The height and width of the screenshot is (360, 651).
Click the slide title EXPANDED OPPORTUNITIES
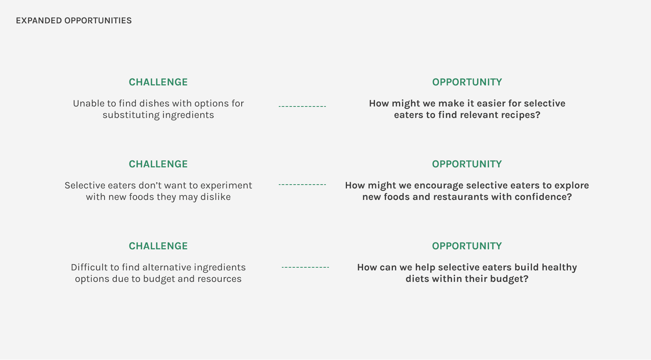pos(74,21)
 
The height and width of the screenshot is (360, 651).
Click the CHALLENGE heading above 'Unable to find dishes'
pos(158,82)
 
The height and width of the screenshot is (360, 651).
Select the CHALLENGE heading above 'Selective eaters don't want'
pos(158,164)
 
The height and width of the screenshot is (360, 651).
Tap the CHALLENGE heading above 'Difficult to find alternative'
pos(158,246)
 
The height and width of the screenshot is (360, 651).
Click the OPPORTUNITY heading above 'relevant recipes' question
pos(467,82)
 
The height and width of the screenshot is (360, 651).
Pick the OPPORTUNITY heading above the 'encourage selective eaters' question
pos(467,164)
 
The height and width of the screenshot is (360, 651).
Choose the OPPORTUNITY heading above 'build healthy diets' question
pos(467,246)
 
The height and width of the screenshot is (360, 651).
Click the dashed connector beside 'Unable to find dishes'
pos(302,106)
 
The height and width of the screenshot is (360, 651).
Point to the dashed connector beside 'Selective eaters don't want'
pos(302,185)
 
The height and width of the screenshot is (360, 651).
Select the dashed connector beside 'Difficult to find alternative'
pos(305,267)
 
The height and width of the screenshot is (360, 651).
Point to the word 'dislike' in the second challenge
pos(216,197)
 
